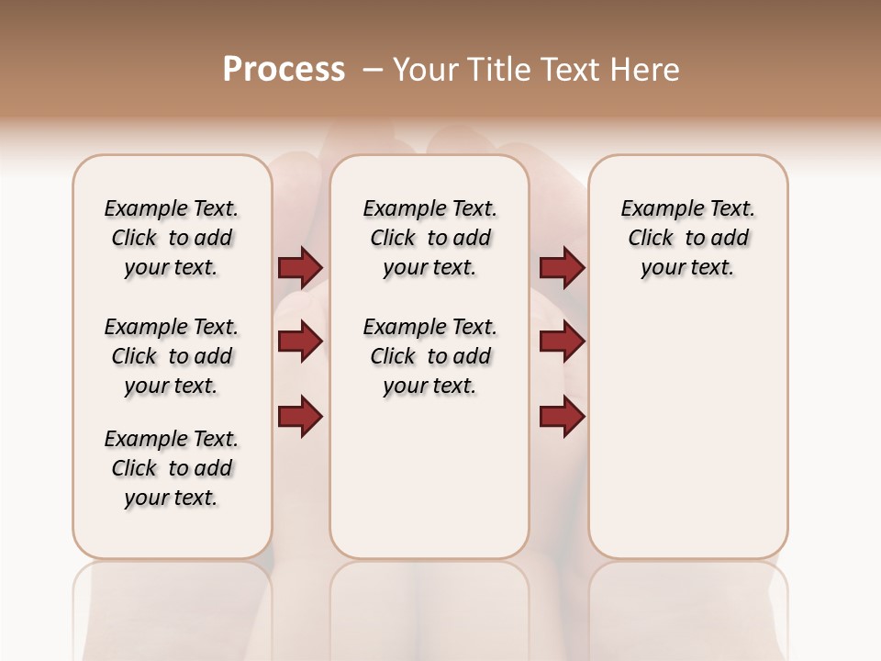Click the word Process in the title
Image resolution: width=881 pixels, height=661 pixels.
[284, 70]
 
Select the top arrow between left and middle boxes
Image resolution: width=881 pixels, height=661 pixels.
[300, 267]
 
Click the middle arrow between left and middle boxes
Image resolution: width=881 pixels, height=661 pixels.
[300, 342]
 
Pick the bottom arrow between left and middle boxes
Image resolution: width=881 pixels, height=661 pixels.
[300, 416]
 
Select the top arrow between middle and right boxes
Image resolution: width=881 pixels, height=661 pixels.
[562, 267]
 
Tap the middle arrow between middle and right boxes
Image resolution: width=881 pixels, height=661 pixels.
[562, 342]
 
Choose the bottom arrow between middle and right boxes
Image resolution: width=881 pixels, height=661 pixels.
[562, 416]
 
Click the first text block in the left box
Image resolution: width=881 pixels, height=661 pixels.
[172, 238]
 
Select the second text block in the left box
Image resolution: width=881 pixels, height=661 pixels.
[172, 356]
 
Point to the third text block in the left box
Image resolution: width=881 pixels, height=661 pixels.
[172, 468]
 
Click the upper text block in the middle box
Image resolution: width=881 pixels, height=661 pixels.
[429, 238]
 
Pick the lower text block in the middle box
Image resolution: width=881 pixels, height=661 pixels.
[429, 356]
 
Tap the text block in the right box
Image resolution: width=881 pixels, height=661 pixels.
[687, 238]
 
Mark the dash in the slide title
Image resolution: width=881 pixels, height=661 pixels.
[373, 70]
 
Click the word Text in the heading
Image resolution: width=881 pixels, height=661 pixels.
[567, 70]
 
